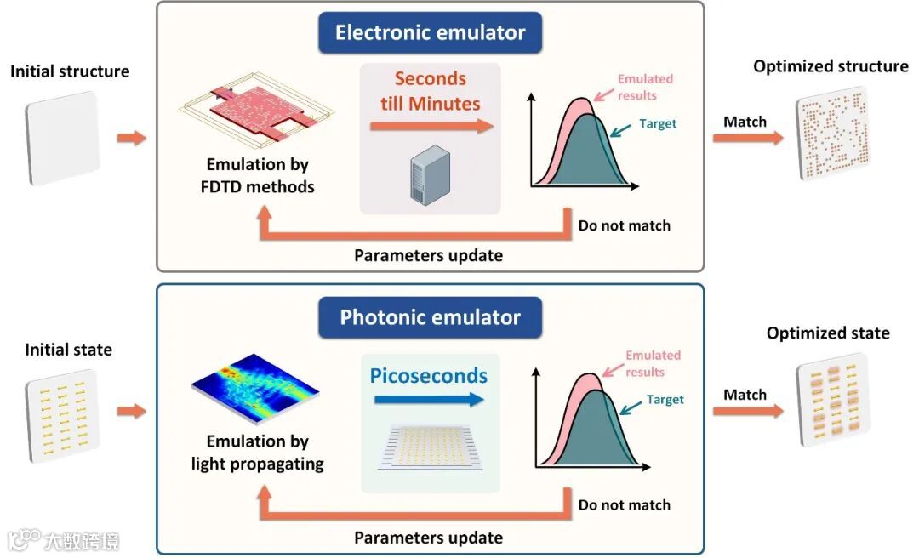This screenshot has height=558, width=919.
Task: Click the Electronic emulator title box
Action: (x=430, y=33)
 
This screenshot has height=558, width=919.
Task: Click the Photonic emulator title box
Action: (x=430, y=318)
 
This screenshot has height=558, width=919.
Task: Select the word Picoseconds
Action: (x=429, y=376)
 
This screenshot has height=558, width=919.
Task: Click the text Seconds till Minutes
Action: (x=431, y=91)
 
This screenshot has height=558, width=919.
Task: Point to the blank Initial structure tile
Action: (x=63, y=139)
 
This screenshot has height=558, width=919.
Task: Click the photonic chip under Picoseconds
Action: (x=431, y=449)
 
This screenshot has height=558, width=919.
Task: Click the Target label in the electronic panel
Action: (x=658, y=124)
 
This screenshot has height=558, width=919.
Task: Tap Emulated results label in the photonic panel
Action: (x=653, y=363)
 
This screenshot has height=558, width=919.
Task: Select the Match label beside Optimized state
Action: (x=745, y=395)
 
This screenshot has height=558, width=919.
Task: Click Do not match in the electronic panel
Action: (x=625, y=225)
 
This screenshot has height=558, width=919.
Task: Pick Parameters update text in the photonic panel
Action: (x=428, y=538)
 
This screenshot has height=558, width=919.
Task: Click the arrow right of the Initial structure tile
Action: (x=131, y=138)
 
